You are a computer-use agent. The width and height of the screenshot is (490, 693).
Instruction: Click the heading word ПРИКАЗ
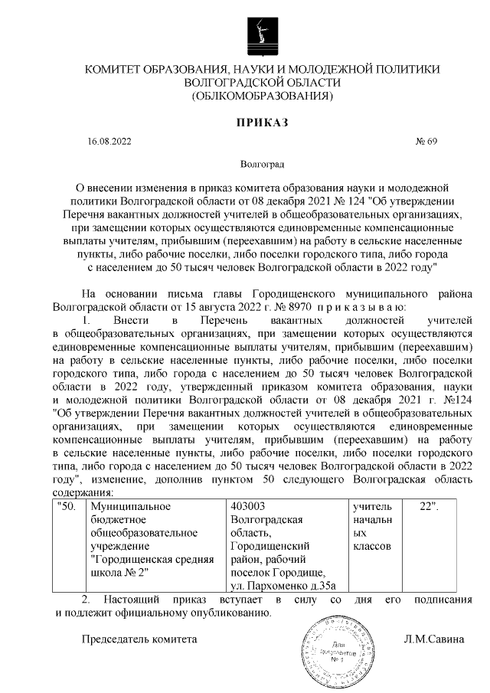point(262,123)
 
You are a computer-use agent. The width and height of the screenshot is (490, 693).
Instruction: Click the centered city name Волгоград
point(262,164)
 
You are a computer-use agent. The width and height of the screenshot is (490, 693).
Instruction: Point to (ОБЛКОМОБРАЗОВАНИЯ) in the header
point(262,96)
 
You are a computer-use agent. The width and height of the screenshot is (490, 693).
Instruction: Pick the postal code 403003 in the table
point(247,506)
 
